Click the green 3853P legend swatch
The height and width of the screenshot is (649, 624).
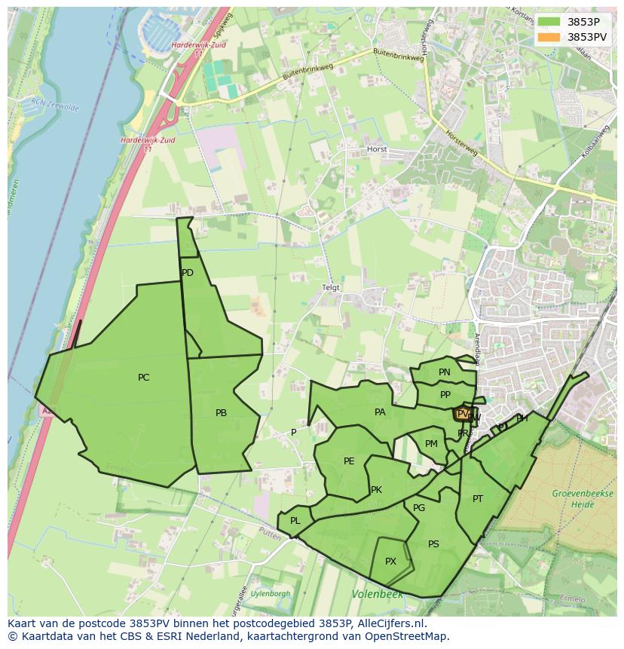coord(549,22)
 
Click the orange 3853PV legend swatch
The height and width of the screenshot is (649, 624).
coord(549,37)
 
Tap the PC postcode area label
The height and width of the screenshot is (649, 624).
coord(143,378)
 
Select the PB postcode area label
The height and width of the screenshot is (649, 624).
coord(221,413)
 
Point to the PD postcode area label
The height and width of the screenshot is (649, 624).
coord(188,273)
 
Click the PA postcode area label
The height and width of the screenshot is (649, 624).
coord(380,412)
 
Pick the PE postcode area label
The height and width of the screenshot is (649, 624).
coord(349,461)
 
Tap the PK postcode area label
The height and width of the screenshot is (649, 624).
coord(376,490)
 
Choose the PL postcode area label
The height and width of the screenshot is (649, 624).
coord(295,521)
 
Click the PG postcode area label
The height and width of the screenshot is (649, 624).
coord(419,508)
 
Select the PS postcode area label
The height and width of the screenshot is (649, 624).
coord(433,544)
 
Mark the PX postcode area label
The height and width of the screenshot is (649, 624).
coord(390,562)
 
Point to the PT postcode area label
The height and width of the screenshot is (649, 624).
coord(478,499)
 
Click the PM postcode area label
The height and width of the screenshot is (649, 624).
coord(431,444)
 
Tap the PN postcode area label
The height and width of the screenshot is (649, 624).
coord(445,372)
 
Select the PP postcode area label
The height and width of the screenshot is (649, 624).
coord(445,395)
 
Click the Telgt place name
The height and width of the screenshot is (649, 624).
coord(331,288)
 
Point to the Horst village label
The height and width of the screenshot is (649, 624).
coord(377,149)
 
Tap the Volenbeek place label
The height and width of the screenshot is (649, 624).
coord(377,595)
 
